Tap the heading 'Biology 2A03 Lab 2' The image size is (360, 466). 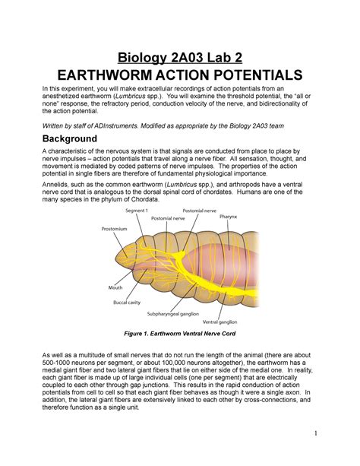(179, 54)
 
